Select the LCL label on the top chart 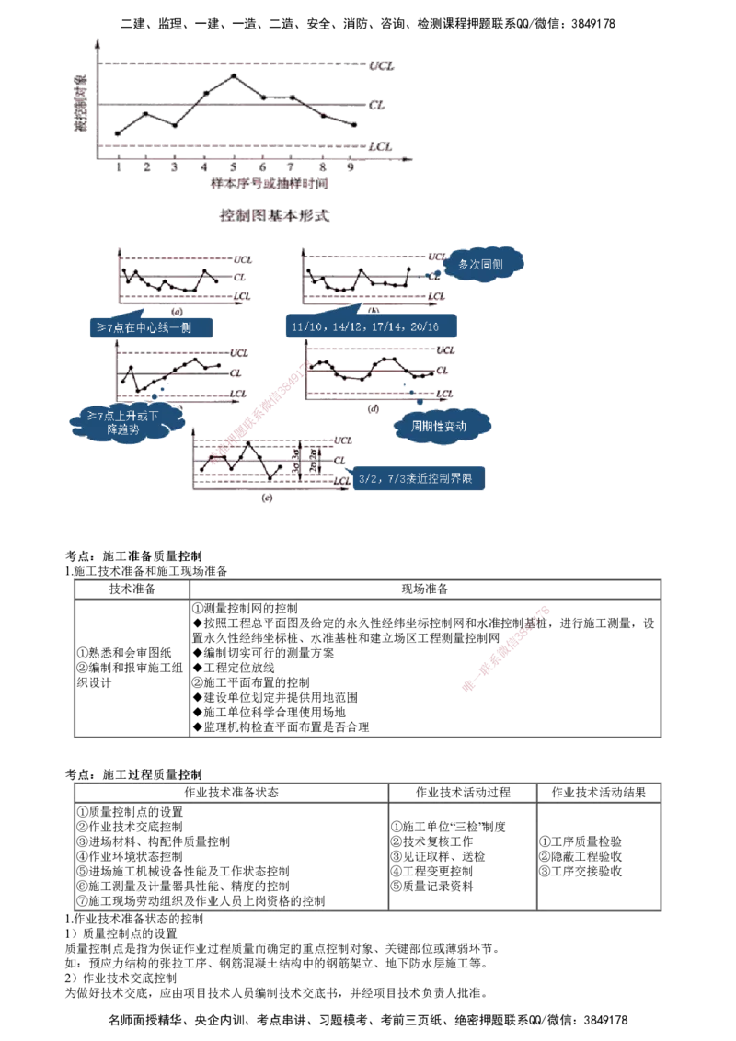pos(380,146)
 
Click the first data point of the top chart pos(117,134)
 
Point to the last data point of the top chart pos(355,125)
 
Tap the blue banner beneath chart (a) pos(151,326)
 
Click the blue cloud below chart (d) pos(443,425)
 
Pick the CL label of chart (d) pos(443,370)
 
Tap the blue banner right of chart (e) pos(420,479)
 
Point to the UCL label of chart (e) pos(344,440)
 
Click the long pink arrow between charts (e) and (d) pos(259,409)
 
